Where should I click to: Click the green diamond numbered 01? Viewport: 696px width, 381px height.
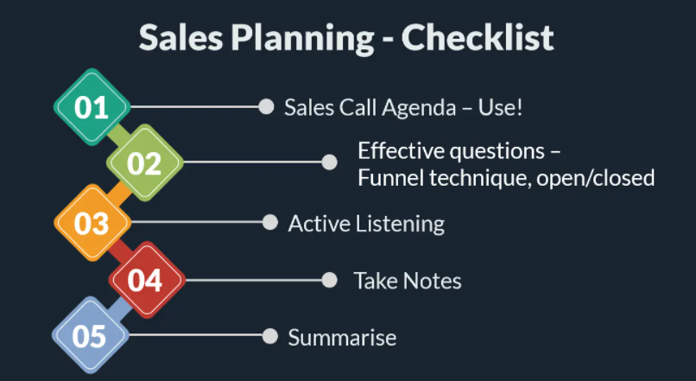coord(92,107)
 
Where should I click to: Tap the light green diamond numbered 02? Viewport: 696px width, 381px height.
coord(145,162)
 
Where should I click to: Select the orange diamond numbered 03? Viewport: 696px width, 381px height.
coord(92,223)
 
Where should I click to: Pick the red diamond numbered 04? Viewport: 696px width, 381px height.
coord(147,280)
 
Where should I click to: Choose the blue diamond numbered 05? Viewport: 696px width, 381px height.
coord(90,335)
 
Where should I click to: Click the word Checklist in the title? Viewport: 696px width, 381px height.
coord(478,38)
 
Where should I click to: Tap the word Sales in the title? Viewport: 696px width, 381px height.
coord(180,38)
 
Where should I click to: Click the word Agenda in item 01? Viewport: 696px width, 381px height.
coord(420,108)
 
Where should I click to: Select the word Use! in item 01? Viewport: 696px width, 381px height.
coord(500,107)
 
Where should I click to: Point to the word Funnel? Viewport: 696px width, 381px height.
coord(390,178)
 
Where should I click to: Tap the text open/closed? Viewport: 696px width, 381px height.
coord(595,179)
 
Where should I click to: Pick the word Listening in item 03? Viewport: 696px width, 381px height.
coord(400,224)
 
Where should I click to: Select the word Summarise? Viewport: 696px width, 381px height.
coord(342,338)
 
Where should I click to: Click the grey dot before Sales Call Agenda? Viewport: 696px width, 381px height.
coord(266,106)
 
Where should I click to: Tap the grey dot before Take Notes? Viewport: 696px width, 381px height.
coord(329,280)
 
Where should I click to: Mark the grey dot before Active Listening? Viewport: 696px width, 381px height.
coord(270,223)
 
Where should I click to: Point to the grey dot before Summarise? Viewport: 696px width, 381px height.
coord(270,336)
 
